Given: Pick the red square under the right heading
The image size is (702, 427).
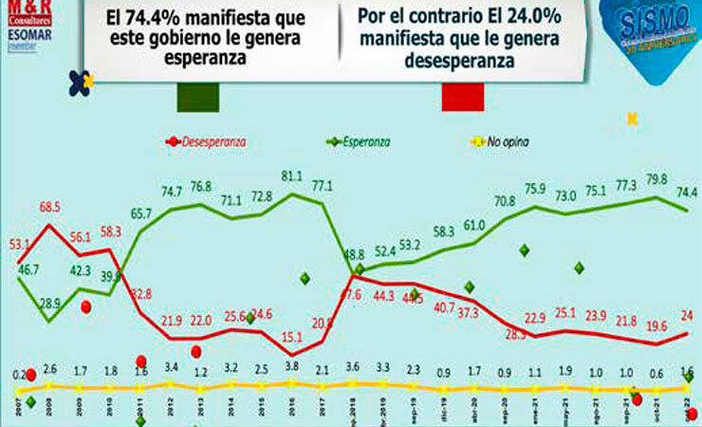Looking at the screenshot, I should (x=462, y=95).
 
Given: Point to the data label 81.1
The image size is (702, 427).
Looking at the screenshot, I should (x=292, y=176).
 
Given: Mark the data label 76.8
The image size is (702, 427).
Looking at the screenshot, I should (x=202, y=186).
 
